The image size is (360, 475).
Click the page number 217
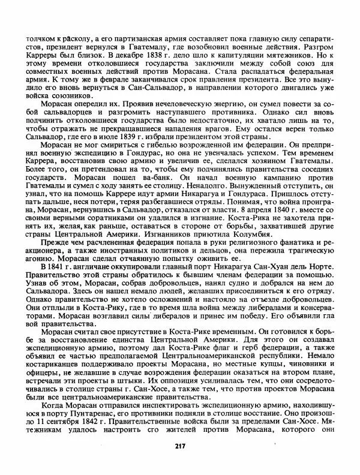tap(180, 445)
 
